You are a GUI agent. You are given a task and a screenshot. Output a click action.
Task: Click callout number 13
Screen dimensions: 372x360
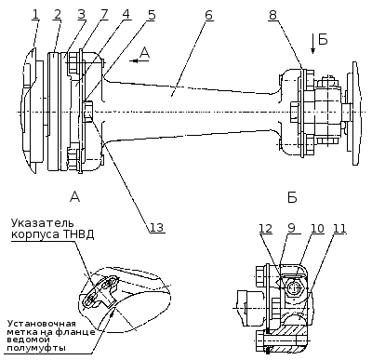[x=157, y=227]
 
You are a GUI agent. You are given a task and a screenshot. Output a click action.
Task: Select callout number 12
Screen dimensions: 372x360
[x=266, y=229]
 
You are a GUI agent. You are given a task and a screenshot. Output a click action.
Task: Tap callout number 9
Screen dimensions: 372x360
[x=291, y=229]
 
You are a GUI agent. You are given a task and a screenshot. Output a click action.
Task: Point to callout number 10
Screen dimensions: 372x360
[x=317, y=229]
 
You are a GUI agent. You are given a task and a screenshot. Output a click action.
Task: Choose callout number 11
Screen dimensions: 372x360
[x=339, y=229]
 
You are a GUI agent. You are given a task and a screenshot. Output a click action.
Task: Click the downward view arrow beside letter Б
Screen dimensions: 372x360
[x=312, y=44]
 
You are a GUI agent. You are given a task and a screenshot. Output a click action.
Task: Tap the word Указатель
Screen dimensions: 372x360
[x=43, y=223]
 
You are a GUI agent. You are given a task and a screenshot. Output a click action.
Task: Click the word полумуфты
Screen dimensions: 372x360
[x=36, y=348]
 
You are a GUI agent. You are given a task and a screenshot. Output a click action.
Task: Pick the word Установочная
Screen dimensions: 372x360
[x=42, y=324]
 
